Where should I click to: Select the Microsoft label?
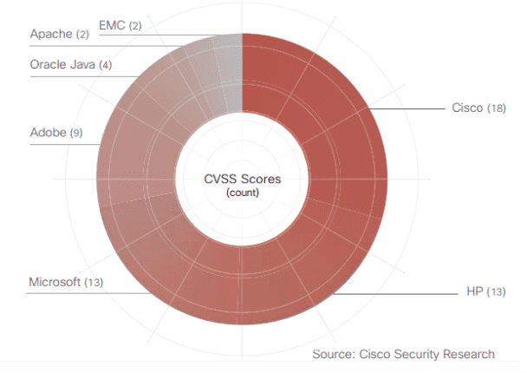point(55,282)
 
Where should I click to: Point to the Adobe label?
point(49,133)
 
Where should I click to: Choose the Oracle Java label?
point(62,65)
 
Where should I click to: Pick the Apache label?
point(51,34)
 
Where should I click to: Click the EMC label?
point(113,25)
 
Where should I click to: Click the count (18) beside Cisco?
point(496,108)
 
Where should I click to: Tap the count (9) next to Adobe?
point(76,134)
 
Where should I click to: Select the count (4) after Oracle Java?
point(106,66)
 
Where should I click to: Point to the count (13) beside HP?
point(496,291)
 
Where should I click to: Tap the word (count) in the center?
point(243,193)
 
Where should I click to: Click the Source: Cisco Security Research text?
point(404,354)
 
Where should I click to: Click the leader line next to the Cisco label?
point(407,108)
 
